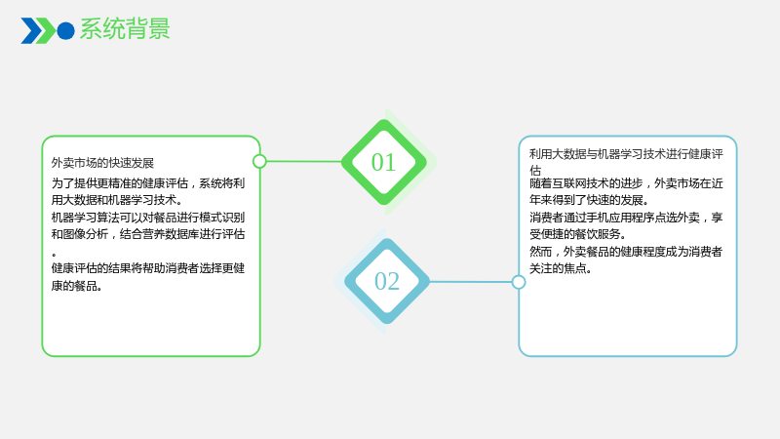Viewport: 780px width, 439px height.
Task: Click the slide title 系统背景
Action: click(125, 29)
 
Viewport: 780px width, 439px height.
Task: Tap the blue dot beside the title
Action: click(65, 31)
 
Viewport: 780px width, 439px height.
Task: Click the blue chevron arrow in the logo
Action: click(30, 31)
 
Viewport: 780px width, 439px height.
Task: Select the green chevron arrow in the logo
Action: click(46, 31)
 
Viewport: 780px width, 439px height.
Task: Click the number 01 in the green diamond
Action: click(383, 162)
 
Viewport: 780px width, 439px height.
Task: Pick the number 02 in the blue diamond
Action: click(386, 281)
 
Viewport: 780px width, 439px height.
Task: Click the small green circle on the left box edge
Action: click(259, 161)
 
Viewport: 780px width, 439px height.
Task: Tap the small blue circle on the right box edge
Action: click(519, 282)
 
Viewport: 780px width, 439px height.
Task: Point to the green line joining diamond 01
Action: click(304, 161)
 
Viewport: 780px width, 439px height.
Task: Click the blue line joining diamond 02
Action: click(471, 282)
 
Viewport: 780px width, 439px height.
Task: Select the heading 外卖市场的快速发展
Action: click(102, 163)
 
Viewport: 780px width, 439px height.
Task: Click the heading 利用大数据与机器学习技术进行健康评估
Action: click(626, 162)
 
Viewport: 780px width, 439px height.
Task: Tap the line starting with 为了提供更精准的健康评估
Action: click(148, 183)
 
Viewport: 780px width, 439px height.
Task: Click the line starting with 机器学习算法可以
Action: click(148, 218)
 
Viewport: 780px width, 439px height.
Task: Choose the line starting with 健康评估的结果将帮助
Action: click(148, 268)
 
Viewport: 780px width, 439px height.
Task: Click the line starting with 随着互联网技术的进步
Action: click(626, 183)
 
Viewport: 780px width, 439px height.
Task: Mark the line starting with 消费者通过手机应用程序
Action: click(626, 218)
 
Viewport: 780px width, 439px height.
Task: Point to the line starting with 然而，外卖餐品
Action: click(626, 252)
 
